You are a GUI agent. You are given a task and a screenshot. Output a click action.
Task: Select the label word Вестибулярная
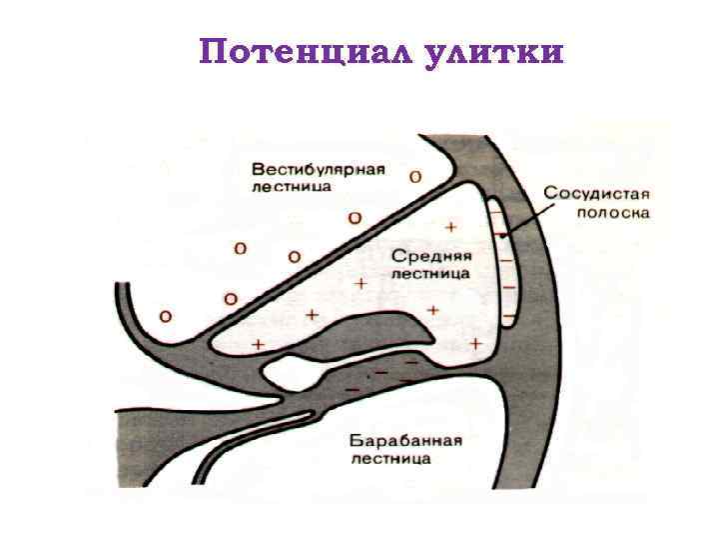(319, 167)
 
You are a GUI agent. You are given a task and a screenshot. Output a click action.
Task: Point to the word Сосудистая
(597, 192)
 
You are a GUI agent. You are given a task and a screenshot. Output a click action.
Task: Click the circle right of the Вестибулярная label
(414, 176)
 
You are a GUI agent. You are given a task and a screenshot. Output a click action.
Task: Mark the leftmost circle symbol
(165, 316)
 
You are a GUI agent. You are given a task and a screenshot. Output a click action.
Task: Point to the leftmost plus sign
(259, 343)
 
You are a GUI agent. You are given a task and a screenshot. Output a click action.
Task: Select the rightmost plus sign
(475, 343)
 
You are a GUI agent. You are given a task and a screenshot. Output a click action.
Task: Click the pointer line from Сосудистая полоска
(527, 216)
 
